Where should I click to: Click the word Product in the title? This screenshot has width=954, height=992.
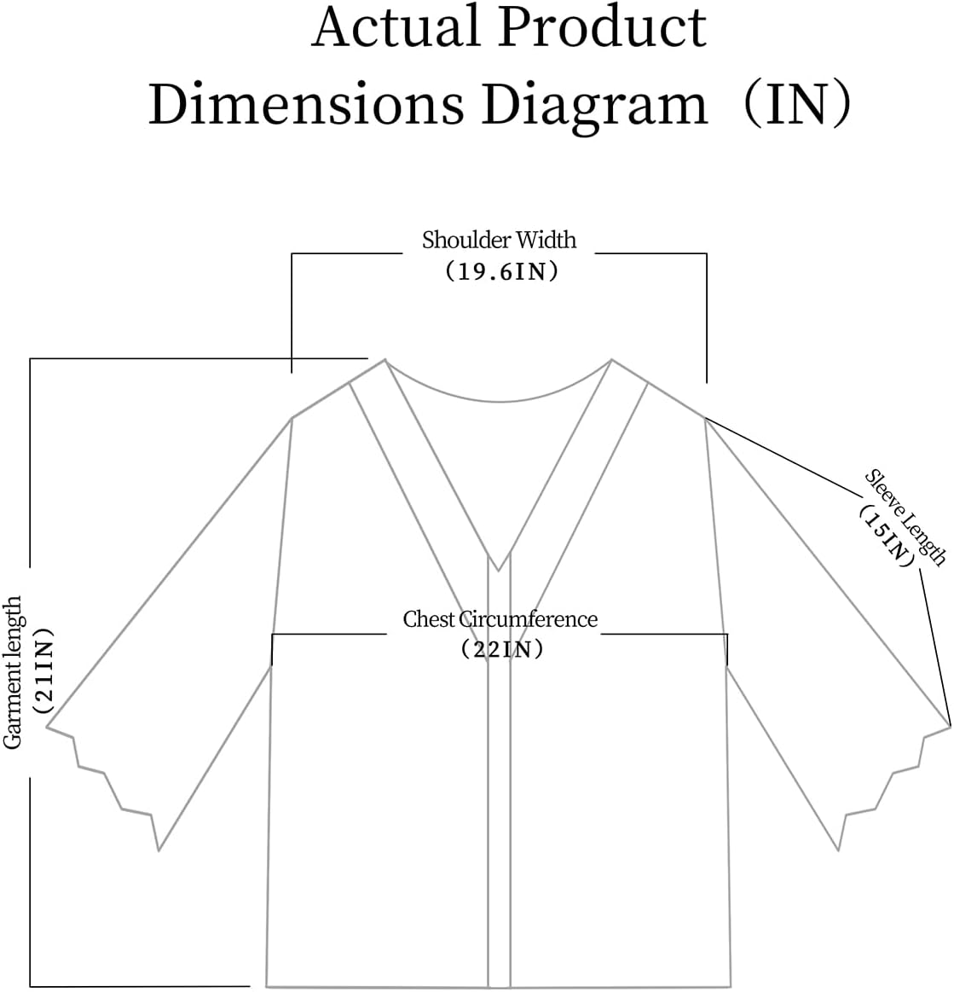[x=602, y=27]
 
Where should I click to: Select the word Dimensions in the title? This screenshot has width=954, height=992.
[x=306, y=106]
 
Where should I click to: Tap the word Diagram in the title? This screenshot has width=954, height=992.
[x=594, y=106]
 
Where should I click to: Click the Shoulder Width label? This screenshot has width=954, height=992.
[x=499, y=241]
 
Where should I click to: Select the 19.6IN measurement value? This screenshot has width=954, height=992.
[x=500, y=272]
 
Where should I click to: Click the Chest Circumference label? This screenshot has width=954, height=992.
[x=500, y=619]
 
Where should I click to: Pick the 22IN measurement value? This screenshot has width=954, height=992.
[x=500, y=650]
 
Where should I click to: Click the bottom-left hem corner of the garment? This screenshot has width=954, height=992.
[x=267, y=985]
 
